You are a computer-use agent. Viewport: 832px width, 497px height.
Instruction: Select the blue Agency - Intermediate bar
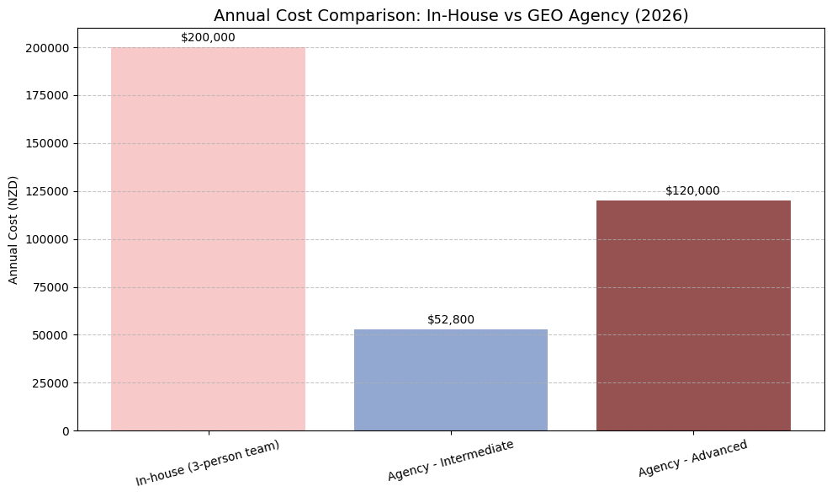point(450,380)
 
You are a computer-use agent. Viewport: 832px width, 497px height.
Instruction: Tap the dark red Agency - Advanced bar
point(693,315)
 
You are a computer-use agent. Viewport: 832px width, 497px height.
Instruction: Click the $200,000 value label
point(208,38)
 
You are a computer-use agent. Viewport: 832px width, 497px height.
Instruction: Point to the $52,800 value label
point(450,320)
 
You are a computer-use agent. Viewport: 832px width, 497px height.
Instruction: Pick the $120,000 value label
point(693,191)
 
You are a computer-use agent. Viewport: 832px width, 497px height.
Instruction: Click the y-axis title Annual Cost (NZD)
point(13,229)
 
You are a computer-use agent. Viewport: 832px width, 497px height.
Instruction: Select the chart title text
point(450,15)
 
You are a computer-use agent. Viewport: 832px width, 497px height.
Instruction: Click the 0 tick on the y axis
point(65,431)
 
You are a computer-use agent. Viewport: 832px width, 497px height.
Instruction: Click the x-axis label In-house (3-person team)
point(207,462)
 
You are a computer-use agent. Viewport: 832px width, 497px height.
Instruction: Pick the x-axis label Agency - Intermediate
point(450,460)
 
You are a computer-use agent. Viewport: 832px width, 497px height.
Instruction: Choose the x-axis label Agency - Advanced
point(692,458)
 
